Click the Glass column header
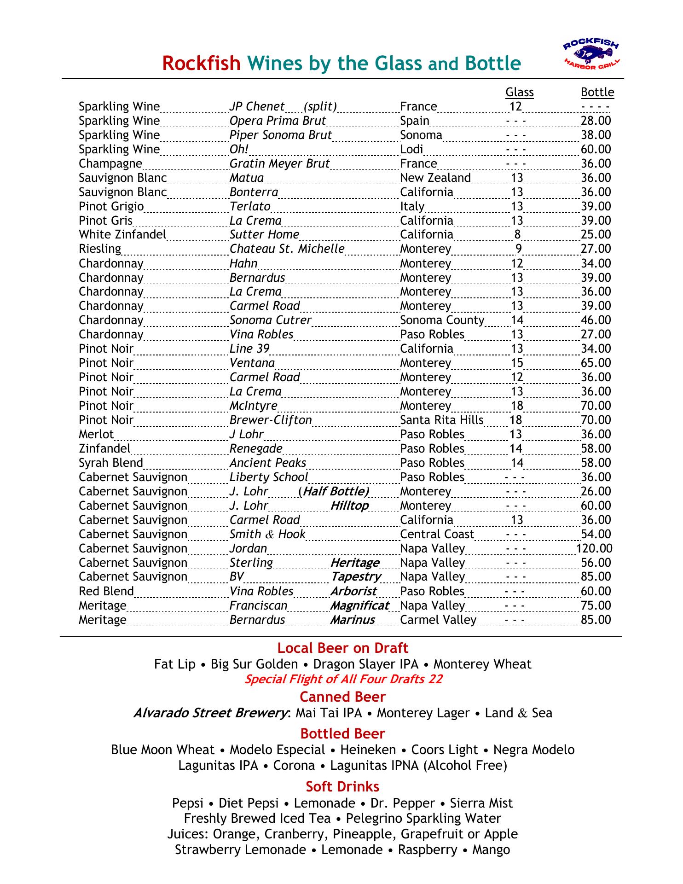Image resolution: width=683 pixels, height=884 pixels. click(519, 92)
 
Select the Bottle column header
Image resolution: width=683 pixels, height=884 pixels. click(597, 92)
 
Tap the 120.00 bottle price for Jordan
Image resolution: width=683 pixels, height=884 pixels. click(594, 548)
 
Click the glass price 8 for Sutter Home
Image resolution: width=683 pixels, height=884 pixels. click(517, 235)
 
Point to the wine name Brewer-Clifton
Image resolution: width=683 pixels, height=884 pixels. click(271, 420)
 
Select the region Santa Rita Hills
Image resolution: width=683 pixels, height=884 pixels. click(441, 420)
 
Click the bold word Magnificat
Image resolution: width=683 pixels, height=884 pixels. click(359, 605)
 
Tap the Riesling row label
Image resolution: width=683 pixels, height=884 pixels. click(100, 249)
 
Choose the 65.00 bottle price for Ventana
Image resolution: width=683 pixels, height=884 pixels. click(596, 363)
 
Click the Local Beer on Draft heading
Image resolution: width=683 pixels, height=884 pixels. click(342, 648)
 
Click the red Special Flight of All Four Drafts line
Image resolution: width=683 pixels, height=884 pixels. click(343, 679)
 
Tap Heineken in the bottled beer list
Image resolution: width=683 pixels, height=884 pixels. click(368, 750)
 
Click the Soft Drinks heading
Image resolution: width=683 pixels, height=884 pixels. click(342, 786)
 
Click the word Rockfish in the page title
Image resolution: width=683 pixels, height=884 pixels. click(201, 64)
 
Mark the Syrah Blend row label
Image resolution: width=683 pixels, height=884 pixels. click(111, 463)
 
